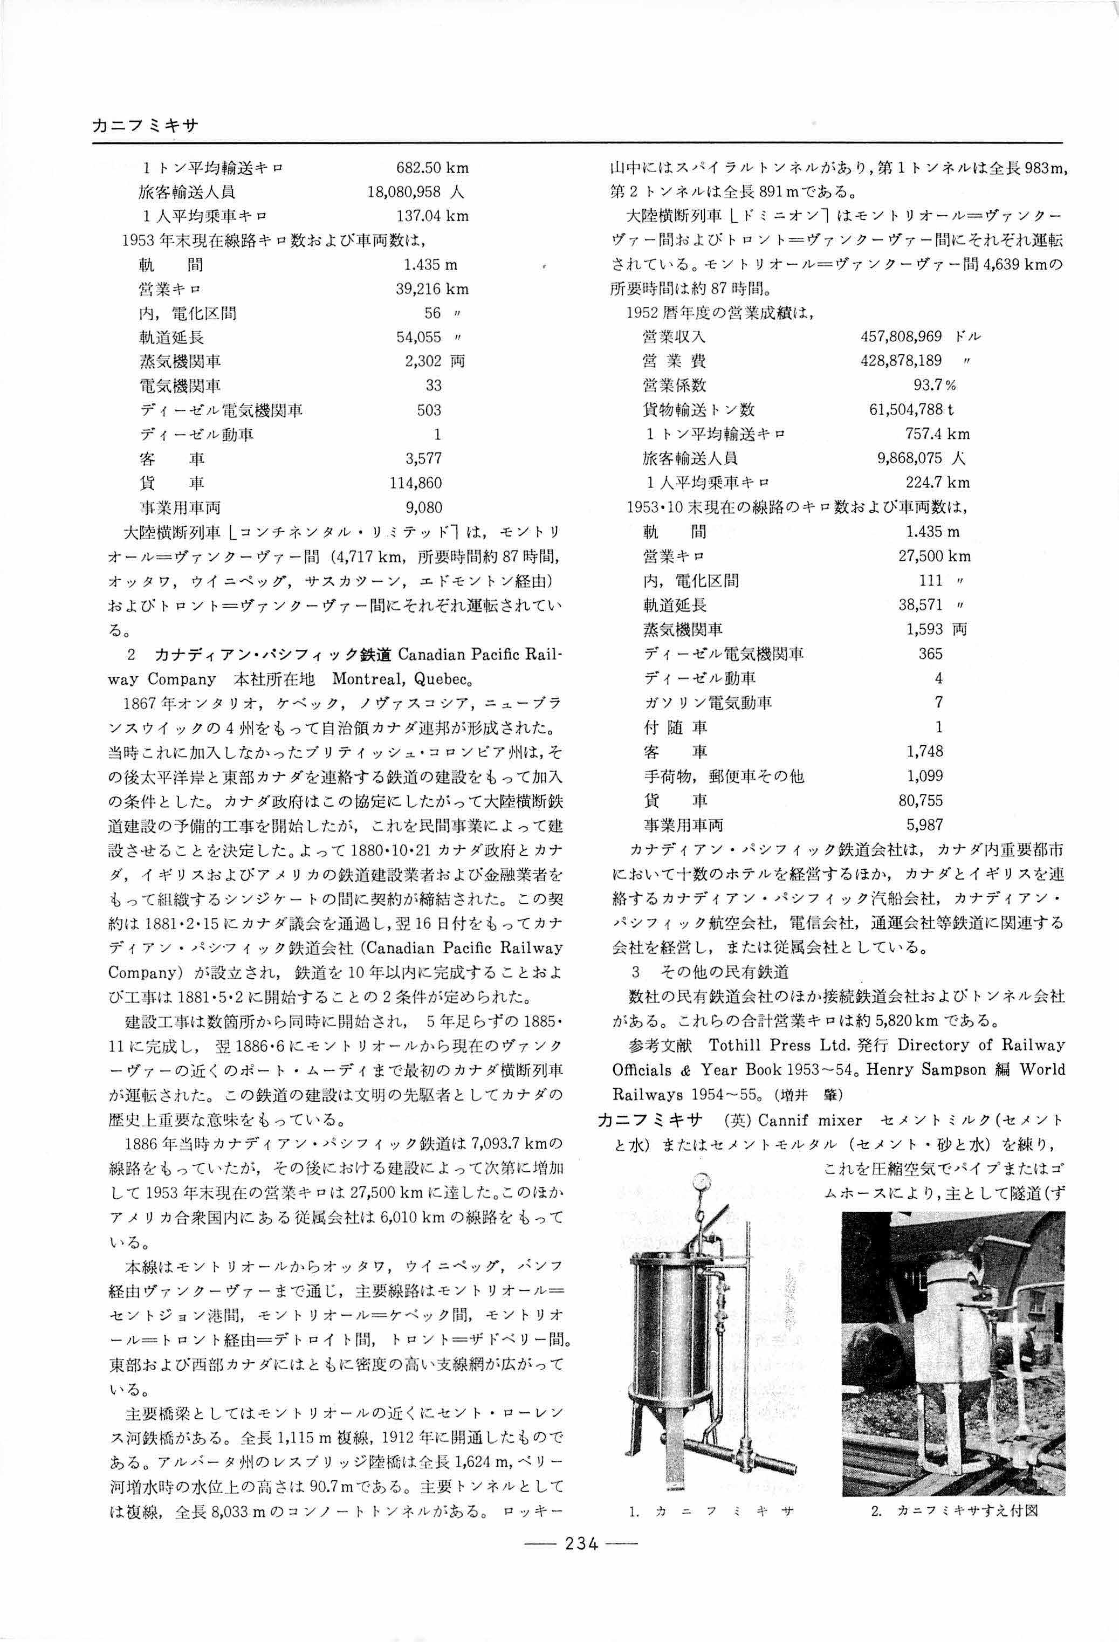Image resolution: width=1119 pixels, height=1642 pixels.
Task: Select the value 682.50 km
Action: (433, 168)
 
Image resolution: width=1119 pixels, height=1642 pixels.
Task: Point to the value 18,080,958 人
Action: (415, 191)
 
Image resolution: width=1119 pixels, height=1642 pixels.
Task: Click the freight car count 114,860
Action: (416, 483)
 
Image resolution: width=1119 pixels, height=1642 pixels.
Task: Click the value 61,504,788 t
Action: (911, 410)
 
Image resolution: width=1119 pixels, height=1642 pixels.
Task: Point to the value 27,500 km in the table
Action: (934, 556)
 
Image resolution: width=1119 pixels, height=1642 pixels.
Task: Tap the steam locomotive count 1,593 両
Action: (936, 629)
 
